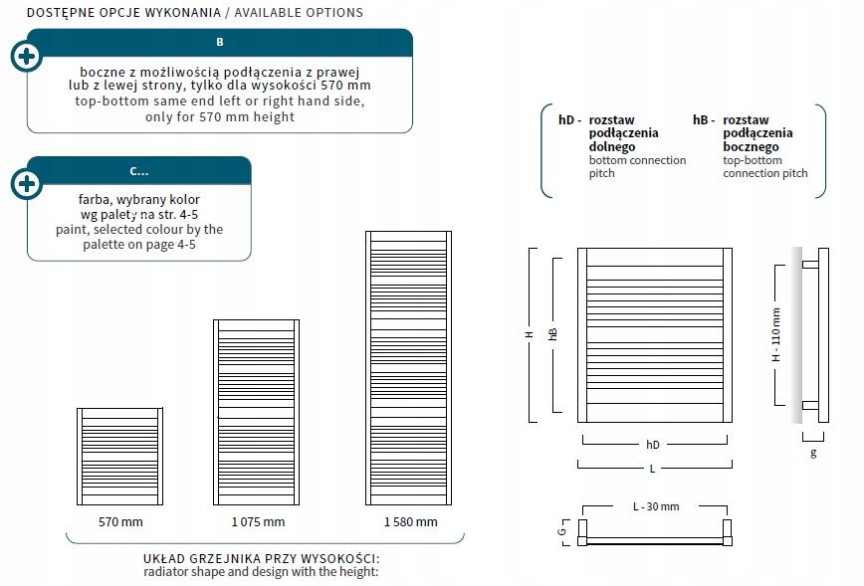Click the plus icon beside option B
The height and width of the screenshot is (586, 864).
coord(27,56)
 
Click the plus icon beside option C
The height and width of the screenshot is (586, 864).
coord(27,184)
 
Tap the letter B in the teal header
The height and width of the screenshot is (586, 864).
coord(220,42)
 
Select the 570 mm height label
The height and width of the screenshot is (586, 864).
coord(119,521)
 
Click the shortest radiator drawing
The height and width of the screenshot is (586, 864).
coord(119,457)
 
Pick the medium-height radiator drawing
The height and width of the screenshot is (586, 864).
coord(256,413)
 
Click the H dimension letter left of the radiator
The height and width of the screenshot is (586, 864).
coord(530,335)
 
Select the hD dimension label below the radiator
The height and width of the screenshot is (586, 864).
coord(653,445)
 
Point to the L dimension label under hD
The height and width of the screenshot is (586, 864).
coord(653,468)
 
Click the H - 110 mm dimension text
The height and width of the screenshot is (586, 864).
coord(776,334)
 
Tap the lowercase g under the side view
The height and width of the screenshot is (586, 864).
coord(813,453)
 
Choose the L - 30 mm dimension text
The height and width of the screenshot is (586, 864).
coord(656,506)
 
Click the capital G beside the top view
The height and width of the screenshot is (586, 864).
coord(562,531)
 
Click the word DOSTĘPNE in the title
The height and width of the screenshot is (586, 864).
coord(58,13)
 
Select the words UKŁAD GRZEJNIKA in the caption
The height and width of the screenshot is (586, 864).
coord(193,558)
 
